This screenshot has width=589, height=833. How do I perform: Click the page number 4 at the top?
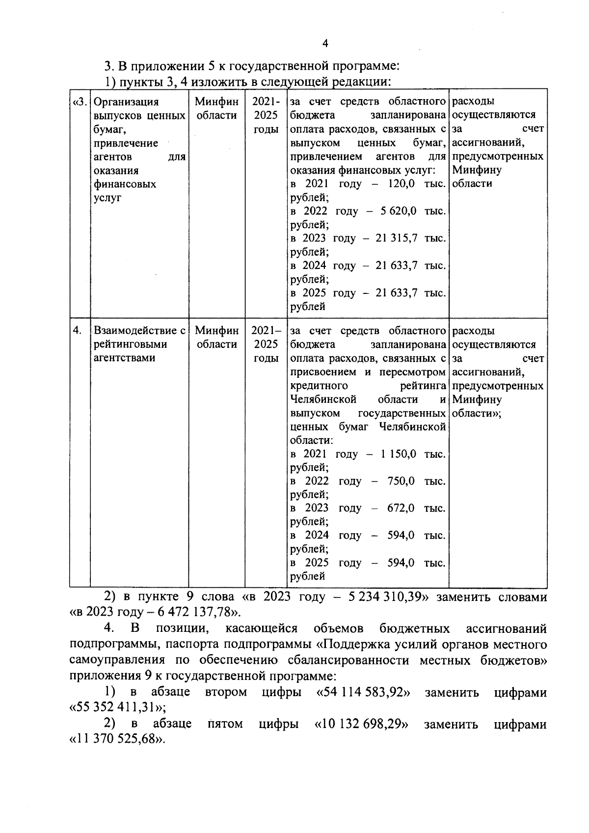coord(325,44)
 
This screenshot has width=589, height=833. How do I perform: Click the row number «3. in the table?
coord(80,102)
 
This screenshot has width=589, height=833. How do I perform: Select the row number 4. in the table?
coord(78,331)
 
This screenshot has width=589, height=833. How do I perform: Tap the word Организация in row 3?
coord(126,102)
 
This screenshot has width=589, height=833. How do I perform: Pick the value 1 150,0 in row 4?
coord(398,454)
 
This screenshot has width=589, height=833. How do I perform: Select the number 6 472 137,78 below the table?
coord(190,612)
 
